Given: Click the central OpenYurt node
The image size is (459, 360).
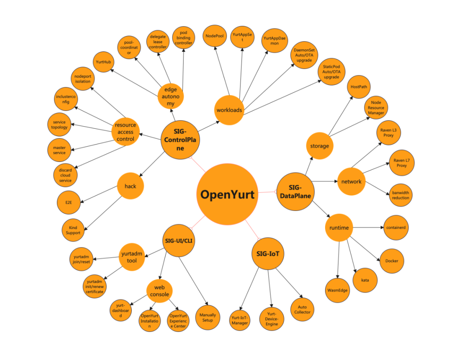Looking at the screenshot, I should point(227,195).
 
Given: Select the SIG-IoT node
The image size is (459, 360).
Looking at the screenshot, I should point(268,254).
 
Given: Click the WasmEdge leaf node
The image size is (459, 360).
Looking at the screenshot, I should point(339,290).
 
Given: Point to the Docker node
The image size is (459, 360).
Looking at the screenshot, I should point(391,261).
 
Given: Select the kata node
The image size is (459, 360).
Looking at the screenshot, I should point(365,281).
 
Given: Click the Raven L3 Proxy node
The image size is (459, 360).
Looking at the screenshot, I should point(388,132).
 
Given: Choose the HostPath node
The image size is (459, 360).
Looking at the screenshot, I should point(359,87).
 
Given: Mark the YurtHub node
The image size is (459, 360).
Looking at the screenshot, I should point(103,62).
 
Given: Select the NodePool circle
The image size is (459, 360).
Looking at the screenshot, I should point(214,36).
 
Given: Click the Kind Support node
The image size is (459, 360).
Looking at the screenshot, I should point(74,230).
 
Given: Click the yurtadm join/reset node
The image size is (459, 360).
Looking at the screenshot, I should point(82,258).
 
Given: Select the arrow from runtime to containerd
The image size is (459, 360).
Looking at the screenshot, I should point(368,227).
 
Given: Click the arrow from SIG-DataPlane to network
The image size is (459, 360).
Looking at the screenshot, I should point(326,182).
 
